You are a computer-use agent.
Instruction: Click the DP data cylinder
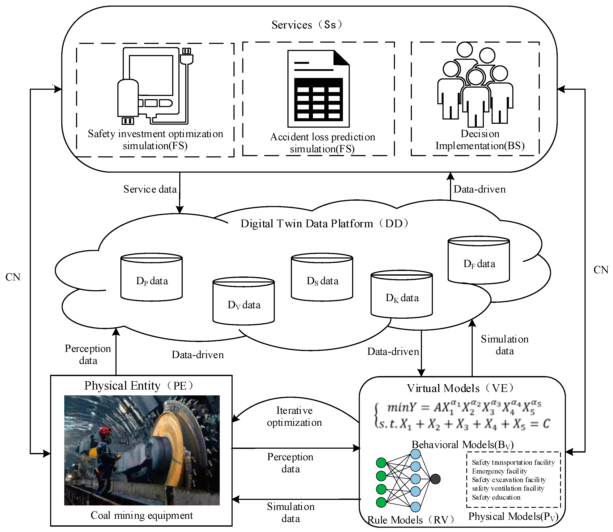click(x=151, y=277)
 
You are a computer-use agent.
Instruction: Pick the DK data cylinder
click(x=402, y=294)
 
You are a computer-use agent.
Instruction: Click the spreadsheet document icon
click(x=318, y=88)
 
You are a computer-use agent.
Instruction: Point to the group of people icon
click(x=475, y=84)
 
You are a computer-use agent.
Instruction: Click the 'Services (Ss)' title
click(x=307, y=25)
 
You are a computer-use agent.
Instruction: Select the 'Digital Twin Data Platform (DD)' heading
click(x=324, y=223)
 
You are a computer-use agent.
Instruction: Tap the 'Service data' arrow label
click(x=150, y=189)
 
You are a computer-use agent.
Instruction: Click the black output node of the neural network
click(x=435, y=479)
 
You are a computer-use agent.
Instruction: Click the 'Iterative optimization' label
click(x=294, y=416)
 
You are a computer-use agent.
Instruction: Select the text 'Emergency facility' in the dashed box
click(x=499, y=471)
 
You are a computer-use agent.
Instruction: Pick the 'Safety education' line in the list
click(x=496, y=497)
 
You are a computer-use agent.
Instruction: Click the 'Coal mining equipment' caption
click(x=142, y=515)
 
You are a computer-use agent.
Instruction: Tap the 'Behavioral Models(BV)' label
click(x=462, y=444)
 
